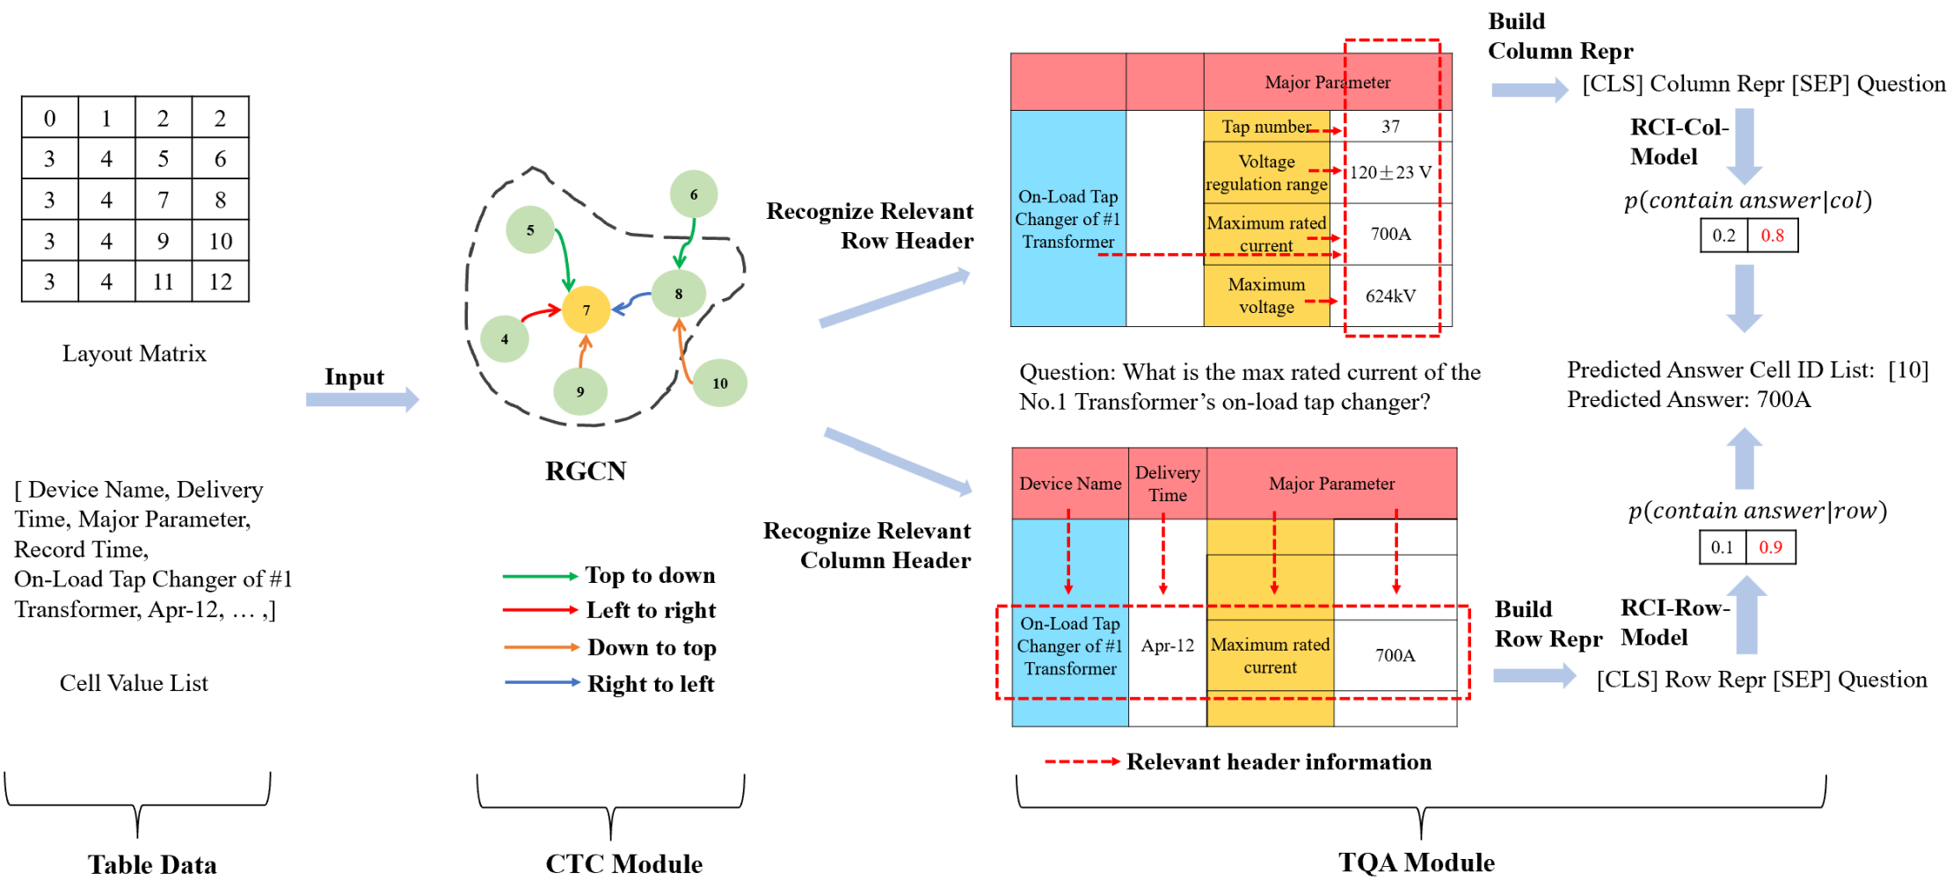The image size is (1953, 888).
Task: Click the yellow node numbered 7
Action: (x=586, y=309)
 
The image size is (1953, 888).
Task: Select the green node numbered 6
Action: (x=694, y=194)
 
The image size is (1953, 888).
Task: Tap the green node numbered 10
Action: (x=720, y=382)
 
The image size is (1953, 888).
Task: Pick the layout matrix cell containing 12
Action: (x=220, y=281)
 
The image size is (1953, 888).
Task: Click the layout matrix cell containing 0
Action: (x=50, y=118)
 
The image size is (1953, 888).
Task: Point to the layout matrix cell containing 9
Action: (x=163, y=241)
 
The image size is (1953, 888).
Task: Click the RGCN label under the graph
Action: (x=586, y=471)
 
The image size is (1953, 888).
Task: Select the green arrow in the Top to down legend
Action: (x=539, y=577)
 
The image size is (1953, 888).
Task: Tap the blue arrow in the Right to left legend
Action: (x=542, y=682)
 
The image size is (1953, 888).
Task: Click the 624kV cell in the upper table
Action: (x=1390, y=296)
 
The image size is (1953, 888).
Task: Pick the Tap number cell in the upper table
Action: (x=1266, y=127)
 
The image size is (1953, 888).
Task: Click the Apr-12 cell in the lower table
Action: (x=1168, y=645)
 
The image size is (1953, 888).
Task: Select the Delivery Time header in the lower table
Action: (x=1168, y=484)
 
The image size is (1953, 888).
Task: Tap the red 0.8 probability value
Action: (x=1773, y=236)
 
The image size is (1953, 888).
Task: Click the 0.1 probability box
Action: (x=1722, y=548)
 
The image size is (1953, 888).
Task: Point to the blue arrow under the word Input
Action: (x=361, y=400)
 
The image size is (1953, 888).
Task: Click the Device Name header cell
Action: (x=1070, y=484)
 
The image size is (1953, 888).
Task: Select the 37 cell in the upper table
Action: (x=1390, y=127)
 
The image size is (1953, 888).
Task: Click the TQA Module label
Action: (x=1416, y=863)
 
